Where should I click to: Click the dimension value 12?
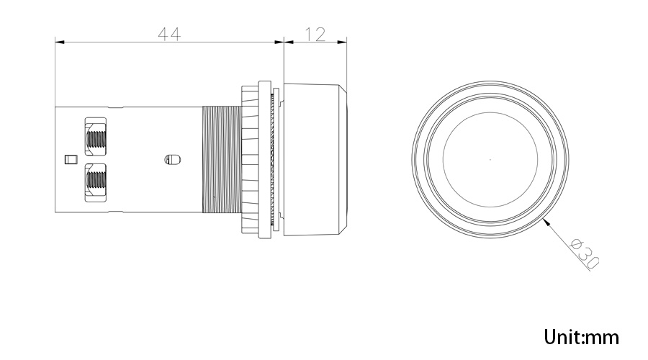point(315,34)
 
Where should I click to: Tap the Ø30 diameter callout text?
point(584,253)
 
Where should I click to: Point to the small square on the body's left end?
point(70,159)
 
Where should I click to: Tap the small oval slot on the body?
point(173,159)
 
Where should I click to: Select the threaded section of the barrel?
point(221,159)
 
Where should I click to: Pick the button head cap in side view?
point(313,159)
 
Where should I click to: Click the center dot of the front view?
point(490,159)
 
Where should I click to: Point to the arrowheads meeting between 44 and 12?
point(284,42)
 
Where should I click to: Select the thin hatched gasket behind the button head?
point(272,159)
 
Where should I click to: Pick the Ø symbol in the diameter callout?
point(576,244)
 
